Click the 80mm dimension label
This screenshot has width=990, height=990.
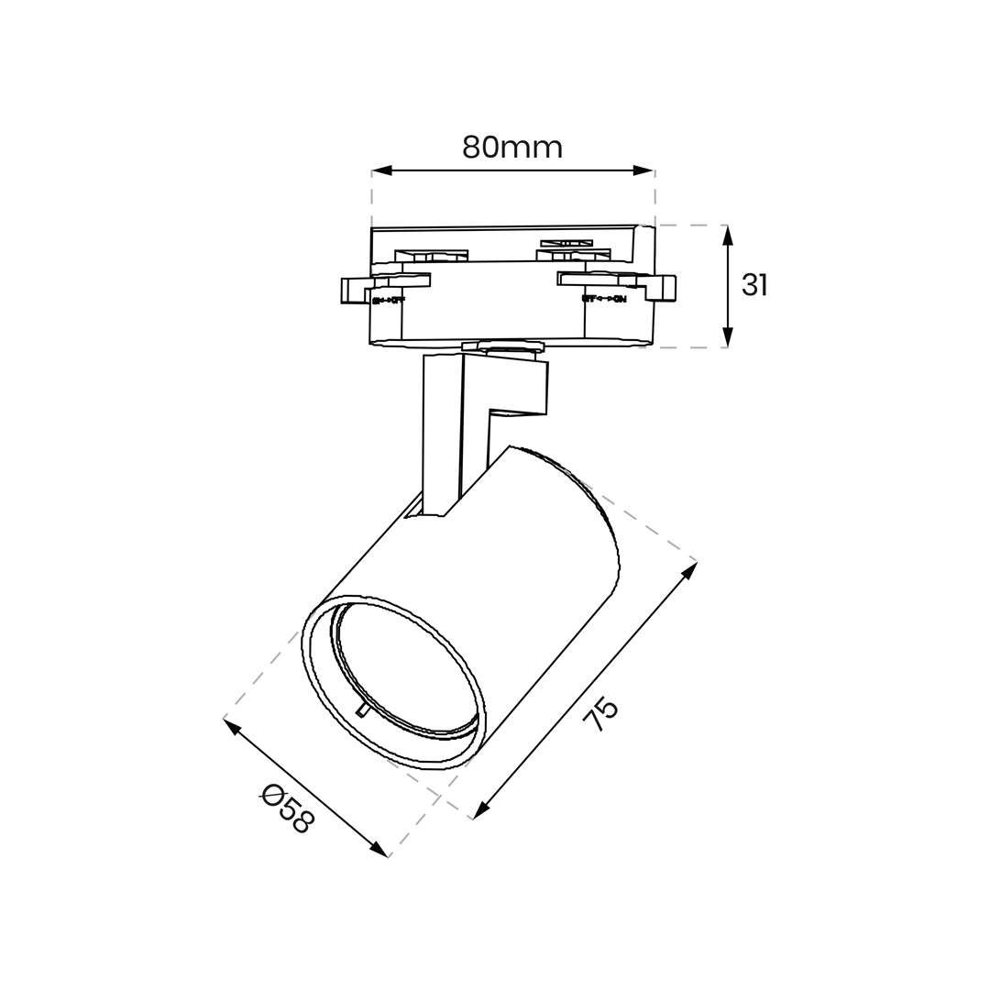(511, 147)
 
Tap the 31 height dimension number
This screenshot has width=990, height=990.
(754, 285)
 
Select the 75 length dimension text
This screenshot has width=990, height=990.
(602, 713)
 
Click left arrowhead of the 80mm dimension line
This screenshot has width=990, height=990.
(382, 170)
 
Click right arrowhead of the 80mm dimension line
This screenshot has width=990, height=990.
(643, 170)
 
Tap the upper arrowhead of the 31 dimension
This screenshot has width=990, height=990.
(728, 236)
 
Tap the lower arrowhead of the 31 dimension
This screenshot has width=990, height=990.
(728, 336)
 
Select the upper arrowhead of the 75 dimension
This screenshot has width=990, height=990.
(689, 570)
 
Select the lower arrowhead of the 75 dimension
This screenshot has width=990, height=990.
(481, 810)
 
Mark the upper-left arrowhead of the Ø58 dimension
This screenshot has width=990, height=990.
(233, 727)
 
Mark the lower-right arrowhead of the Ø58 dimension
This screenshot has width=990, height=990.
(379, 850)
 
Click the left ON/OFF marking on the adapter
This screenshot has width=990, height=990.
(388, 300)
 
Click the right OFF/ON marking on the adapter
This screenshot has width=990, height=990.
(604, 299)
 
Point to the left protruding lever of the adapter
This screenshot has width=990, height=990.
(355, 290)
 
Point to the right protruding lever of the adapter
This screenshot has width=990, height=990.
(662, 287)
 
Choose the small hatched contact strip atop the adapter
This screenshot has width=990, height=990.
(566, 243)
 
